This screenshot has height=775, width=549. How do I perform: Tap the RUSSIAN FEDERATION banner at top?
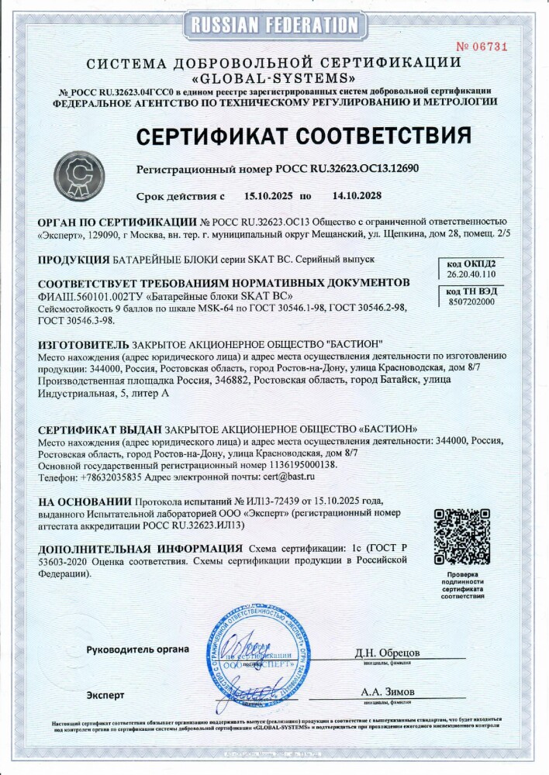(274, 25)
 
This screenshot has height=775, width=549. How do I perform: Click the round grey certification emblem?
(79, 176)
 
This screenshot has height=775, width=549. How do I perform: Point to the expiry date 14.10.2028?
(347, 197)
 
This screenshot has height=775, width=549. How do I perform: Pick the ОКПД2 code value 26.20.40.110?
(471, 274)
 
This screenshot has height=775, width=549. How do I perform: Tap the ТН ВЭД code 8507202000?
(471, 301)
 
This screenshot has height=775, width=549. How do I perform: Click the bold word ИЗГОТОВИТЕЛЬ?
(84, 343)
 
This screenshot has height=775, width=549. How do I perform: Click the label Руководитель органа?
(137, 649)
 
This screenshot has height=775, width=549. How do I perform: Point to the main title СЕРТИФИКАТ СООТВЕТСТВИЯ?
(304, 136)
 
